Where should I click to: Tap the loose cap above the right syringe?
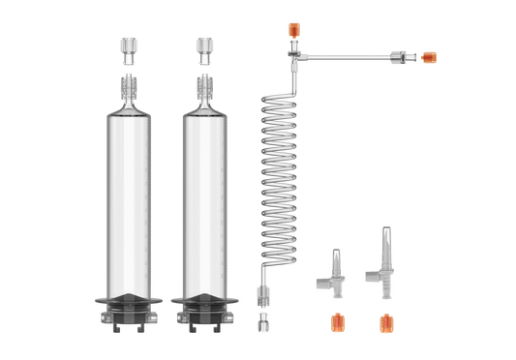tap(204, 45)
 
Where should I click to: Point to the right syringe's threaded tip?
tap(204, 88)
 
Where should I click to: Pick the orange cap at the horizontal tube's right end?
tap(429, 56)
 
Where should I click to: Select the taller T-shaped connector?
tap(382, 257)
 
